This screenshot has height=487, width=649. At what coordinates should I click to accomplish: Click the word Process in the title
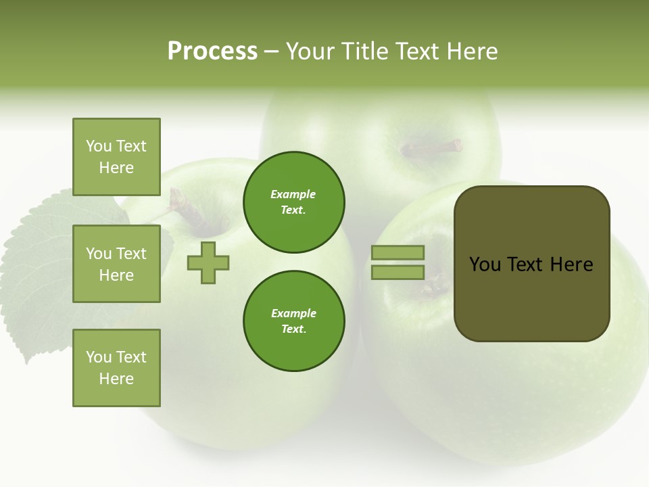(212, 51)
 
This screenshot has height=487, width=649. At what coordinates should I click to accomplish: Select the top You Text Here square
(116, 157)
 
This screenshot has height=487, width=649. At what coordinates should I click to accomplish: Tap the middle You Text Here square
(116, 264)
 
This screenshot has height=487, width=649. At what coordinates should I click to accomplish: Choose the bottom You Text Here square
(116, 368)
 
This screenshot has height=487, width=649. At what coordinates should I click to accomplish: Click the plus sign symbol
(208, 262)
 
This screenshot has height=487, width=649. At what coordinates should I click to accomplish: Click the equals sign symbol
(398, 262)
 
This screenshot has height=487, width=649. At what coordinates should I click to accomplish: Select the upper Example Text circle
(293, 202)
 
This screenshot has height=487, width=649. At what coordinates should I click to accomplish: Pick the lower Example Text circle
(293, 321)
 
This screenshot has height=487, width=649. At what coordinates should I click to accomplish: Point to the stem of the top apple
(433, 147)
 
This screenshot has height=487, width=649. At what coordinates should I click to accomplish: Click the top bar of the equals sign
(398, 252)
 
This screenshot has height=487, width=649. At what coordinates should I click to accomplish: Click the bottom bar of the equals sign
(398, 273)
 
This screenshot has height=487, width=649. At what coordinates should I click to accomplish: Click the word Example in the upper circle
(293, 195)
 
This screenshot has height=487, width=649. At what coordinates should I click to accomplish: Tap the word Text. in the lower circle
(293, 329)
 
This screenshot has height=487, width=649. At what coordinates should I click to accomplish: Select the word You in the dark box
(485, 264)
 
